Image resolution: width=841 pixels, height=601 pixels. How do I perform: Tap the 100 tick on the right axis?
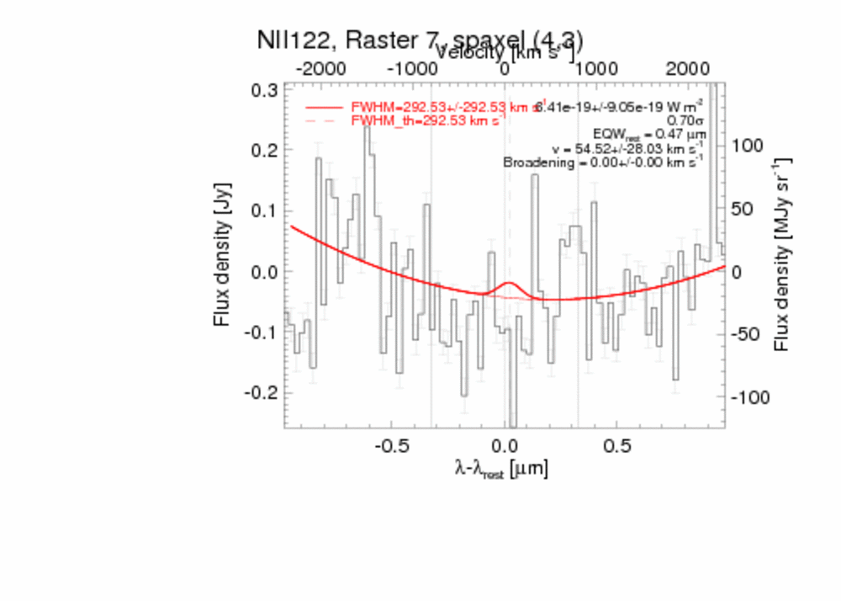point(749,146)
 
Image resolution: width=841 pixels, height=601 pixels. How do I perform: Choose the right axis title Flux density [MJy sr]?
point(782,253)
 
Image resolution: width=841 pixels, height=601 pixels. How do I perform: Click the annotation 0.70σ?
point(685,120)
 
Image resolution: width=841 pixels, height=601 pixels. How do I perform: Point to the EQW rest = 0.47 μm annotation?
point(653,134)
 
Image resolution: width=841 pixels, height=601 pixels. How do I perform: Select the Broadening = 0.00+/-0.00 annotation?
point(603,162)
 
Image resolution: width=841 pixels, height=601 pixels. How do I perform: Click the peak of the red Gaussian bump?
point(508,283)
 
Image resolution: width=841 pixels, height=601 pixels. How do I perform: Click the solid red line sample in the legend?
point(325,108)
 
